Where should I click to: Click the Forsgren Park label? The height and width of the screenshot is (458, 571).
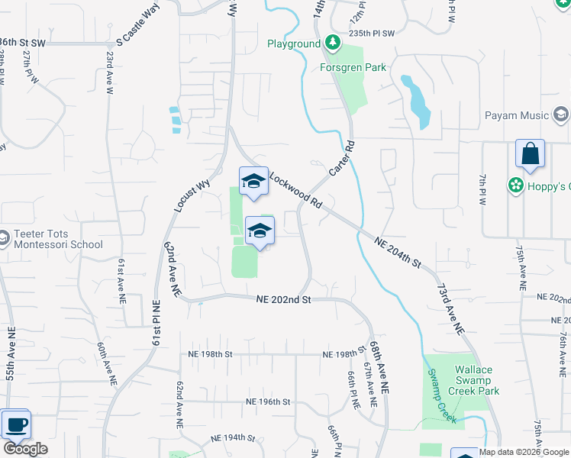353,67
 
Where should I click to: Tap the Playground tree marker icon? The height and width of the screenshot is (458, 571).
332,41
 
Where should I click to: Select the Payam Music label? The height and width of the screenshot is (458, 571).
517,116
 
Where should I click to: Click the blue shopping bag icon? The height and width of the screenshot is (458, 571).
530,155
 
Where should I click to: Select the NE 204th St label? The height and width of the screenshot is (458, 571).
398,252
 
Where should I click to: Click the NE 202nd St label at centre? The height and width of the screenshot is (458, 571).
284,300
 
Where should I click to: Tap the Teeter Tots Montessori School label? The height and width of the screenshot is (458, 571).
57,239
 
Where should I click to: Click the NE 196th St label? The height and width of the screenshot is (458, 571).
268,402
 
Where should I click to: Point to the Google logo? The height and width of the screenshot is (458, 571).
25,449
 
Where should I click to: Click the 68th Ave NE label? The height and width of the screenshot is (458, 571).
379,367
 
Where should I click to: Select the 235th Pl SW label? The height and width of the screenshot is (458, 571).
373,34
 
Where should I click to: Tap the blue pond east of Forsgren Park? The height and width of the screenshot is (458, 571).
418,101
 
